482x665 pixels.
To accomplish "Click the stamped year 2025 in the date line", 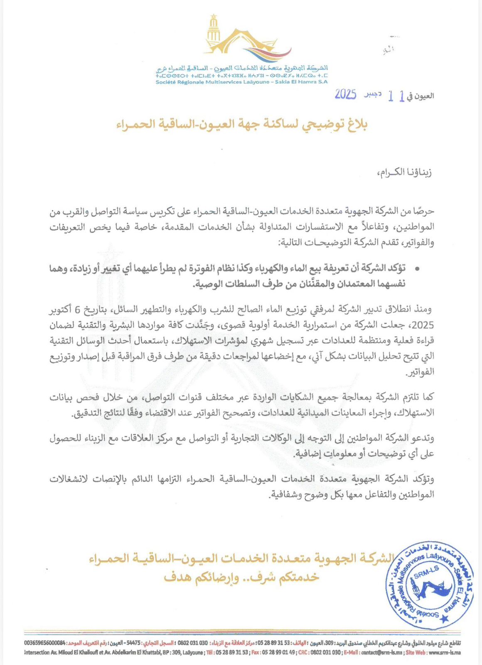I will (346, 95).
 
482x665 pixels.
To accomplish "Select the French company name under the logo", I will (241, 82).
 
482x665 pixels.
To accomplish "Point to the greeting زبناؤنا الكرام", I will (404, 172).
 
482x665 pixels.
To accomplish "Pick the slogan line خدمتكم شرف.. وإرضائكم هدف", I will (241, 578).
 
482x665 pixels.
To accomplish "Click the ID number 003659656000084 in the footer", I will (45, 643).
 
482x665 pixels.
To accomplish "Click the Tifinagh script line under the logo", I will (241, 76).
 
